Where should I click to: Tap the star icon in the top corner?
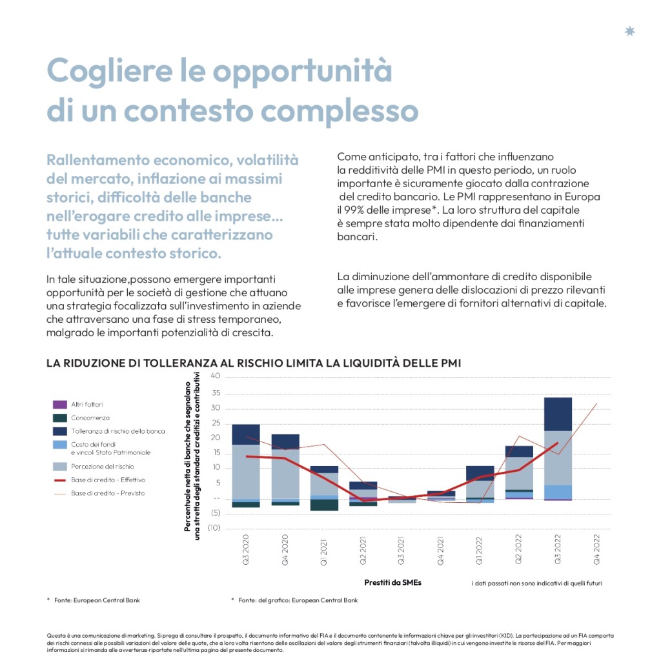(x=630, y=31)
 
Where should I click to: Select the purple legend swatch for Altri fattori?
(x=59, y=405)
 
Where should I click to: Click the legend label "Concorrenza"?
(x=90, y=418)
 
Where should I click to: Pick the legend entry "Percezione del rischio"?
(x=103, y=466)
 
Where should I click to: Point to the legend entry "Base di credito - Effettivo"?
(x=108, y=480)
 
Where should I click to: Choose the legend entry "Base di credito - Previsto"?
(x=108, y=493)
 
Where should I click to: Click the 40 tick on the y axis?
(x=216, y=376)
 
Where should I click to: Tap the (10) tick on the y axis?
(x=214, y=528)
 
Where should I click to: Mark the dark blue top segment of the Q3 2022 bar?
(x=558, y=414)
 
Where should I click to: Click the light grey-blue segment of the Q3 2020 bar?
(x=245, y=471)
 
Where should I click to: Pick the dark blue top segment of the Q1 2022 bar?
(x=480, y=473)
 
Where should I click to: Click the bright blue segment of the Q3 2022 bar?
(x=558, y=491)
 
